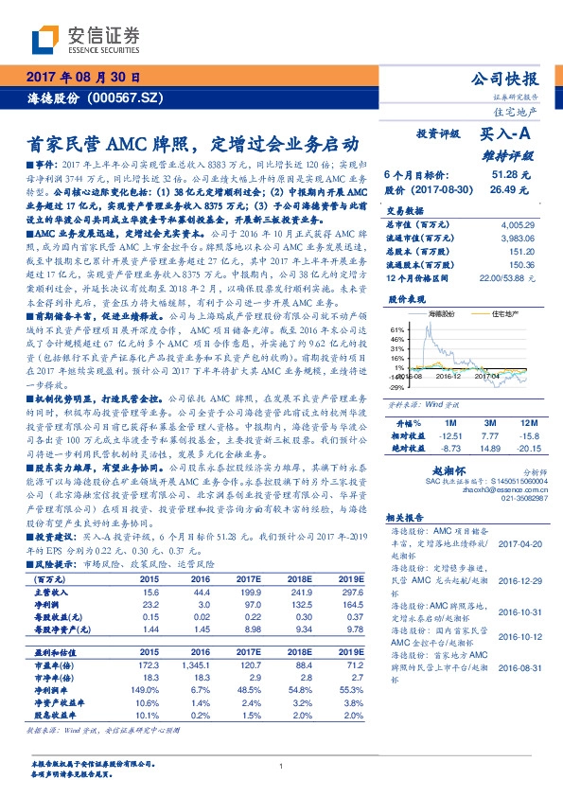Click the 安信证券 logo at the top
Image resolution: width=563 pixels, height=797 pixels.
pos(85,39)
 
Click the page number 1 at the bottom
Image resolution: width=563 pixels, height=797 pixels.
pos(282,766)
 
